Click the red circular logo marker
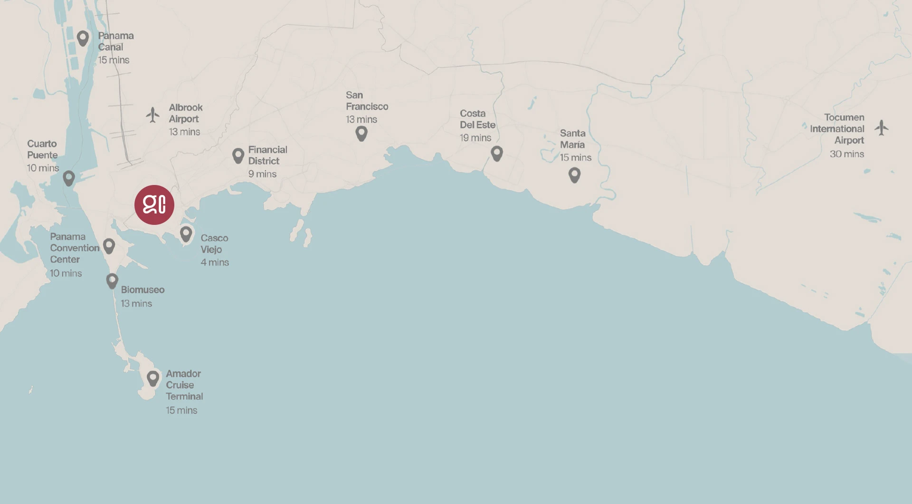click(154, 205)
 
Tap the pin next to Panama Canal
click(83, 38)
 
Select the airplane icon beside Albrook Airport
click(152, 115)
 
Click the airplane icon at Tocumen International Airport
click(882, 127)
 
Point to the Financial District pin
click(238, 155)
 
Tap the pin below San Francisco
click(361, 133)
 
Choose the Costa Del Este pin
click(497, 153)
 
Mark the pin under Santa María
click(575, 174)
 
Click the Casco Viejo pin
click(186, 233)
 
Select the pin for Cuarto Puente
click(69, 178)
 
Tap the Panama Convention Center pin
click(109, 245)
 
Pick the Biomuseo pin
click(112, 281)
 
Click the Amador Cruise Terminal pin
click(153, 378)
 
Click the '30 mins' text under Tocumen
click(847, 154)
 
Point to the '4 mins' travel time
click(215, 262)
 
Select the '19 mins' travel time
click(475, 138)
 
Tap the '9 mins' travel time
click(262, 174)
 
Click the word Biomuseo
click(142, 290)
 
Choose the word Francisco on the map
click(367, 107)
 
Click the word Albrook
click(186, 107)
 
